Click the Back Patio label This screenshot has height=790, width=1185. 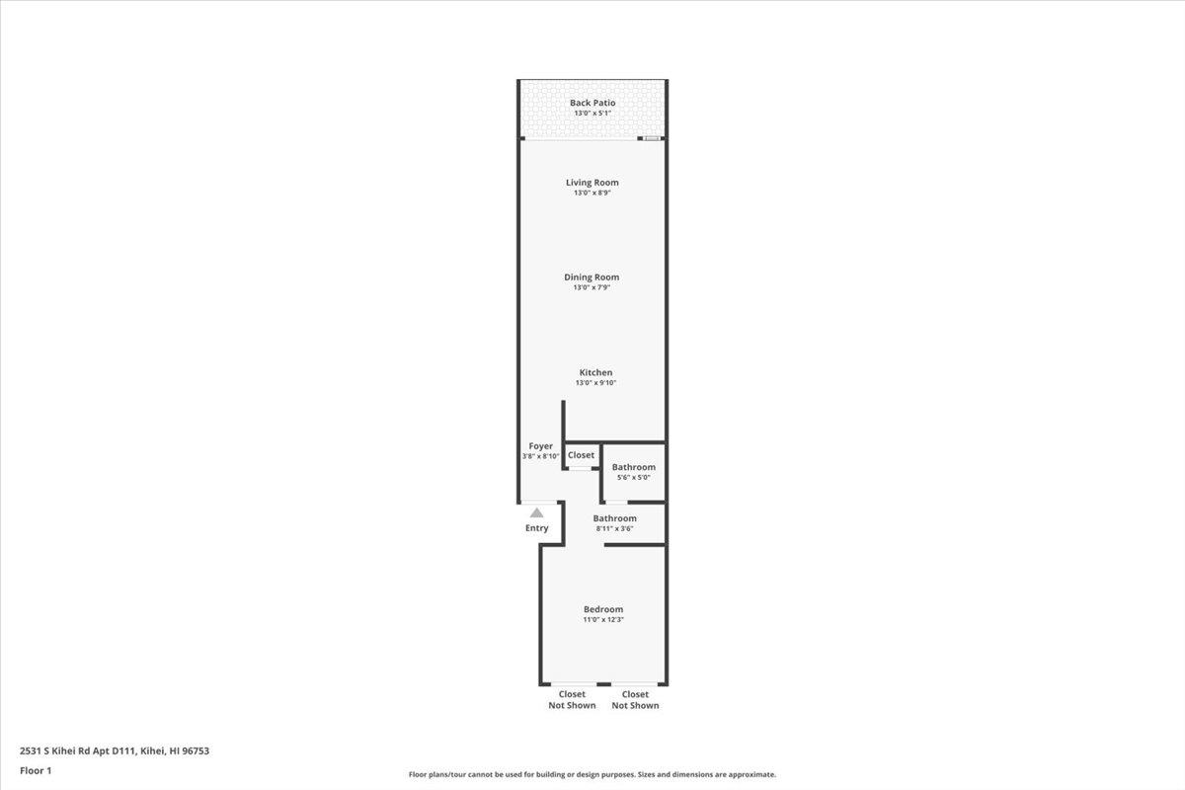[592, 103]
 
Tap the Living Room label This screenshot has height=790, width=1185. [592, 182]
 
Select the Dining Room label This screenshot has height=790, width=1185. [592, 277]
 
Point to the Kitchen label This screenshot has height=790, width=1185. [595, 372]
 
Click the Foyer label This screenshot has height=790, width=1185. [540, 446]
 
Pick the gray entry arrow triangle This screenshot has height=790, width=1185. [536, 513]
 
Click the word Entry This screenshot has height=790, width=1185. [536, 528]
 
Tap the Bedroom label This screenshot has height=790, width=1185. [603, 609]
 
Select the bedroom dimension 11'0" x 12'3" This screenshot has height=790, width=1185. [603, 620]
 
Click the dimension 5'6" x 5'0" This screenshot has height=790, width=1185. [633, 478]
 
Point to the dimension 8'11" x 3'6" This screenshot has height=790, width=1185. [614, 529]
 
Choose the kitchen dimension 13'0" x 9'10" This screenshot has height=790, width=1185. [595, 383]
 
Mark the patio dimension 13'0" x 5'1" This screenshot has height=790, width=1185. [592, 114]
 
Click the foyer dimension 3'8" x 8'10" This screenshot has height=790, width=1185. [541, 456]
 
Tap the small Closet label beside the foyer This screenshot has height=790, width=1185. [582, 455]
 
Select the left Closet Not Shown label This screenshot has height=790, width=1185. [572, 700]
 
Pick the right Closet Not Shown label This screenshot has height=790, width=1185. [635, 700]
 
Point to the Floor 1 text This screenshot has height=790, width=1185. [36, 770]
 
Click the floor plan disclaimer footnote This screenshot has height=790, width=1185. [592, 775]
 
